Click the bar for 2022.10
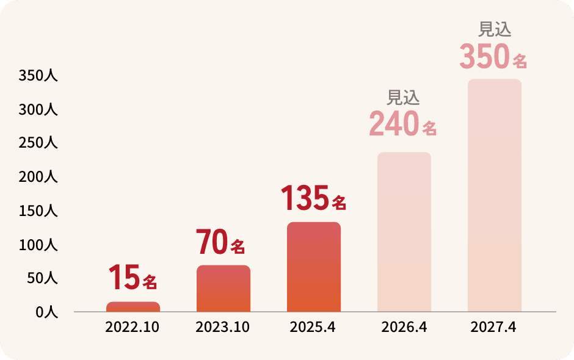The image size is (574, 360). click(133, 307)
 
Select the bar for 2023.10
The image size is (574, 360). click(223, 289)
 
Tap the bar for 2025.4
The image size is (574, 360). click(314, 267)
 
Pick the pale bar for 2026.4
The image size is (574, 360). click(404, 232)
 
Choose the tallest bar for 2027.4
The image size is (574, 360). click(495, 195)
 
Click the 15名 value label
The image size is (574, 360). click(133, 278)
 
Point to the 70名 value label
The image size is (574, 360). click(220, 242)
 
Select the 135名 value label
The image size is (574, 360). click(313, 198)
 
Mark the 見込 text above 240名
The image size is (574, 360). click(404, 97)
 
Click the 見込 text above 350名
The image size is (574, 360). click(494, 29)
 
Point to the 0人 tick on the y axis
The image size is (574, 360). click(46, 312)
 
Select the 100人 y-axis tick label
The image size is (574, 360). click(38, 245)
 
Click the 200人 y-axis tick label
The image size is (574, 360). click(38, 178)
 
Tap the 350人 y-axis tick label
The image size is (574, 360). click(38, 76)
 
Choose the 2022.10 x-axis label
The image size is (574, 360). click(133, 327)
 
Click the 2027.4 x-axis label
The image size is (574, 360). click(493, 327)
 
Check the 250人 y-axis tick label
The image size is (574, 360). click(38, 143)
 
